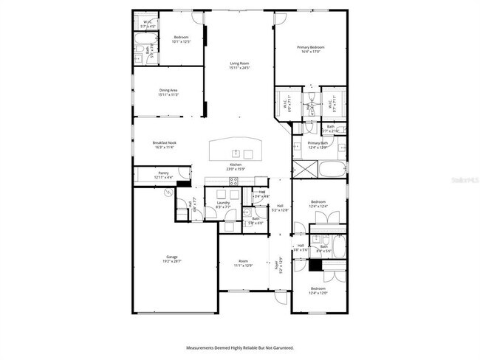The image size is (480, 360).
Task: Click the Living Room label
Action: tap(239, 66)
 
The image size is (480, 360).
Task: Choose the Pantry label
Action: tap(143, 176)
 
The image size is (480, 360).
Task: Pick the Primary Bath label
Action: tap(317, 145)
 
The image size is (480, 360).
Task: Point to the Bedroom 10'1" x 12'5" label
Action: tap(182, 39)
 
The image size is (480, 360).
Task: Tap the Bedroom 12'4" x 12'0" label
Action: tap(318, 290)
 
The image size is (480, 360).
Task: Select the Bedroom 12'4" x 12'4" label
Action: tap(318, 204)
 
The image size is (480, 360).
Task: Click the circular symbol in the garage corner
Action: tap(169, 193)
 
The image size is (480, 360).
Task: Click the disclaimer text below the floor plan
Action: tap(240, 347)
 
